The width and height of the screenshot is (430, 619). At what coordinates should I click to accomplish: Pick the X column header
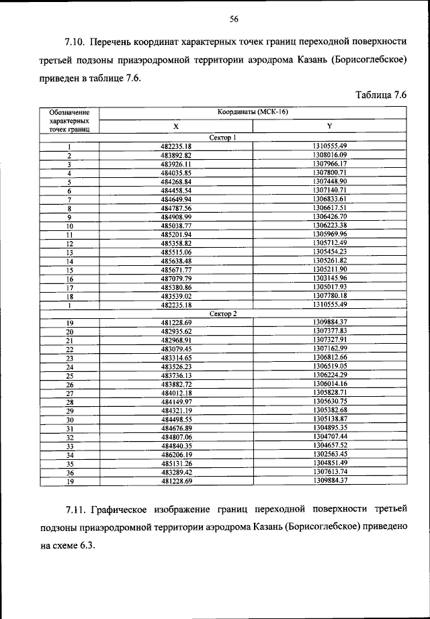[176, 126]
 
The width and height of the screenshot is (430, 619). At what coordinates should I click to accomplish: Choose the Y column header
[329, 126]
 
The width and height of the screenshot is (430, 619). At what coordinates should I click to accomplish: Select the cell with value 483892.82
[177, 155]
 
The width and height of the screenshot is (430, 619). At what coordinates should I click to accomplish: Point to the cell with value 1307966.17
[329, 164]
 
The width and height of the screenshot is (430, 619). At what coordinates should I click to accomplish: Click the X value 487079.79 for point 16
[177, 278]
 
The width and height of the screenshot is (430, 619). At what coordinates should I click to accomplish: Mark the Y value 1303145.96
[329, 278]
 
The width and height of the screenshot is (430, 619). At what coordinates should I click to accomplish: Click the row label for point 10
[69, 226]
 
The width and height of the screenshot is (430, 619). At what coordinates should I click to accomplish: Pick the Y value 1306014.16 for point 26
[329, 384]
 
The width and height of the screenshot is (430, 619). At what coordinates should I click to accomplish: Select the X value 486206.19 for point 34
[177, 455]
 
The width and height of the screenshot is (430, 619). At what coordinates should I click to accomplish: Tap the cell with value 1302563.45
[329, 455]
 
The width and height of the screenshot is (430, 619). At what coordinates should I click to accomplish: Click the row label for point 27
[69, 393]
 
